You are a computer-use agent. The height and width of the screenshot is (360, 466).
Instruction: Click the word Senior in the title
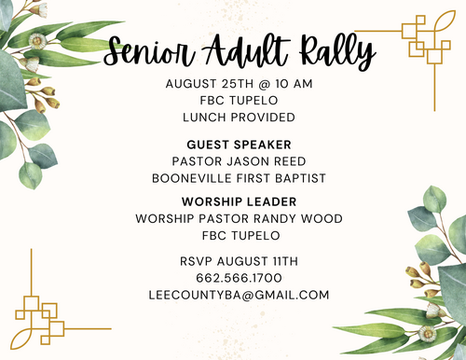(x=148, y=51)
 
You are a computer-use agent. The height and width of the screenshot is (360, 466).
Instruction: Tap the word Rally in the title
(x=337, y=50)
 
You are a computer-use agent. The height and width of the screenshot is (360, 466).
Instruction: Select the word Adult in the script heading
(x=245, y=50)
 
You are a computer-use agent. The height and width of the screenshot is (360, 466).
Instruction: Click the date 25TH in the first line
(x=238, y=84)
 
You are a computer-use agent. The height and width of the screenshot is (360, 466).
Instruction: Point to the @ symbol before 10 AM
(x=264, y=84)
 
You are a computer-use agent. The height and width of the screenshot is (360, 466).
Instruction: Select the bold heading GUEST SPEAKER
(x=239, y=145)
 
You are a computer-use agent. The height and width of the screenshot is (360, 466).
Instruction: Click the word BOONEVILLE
(x=192, y=178)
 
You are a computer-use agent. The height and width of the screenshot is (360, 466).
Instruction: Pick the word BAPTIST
(x=300, y=178)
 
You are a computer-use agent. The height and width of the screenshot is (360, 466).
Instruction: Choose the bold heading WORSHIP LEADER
(x=239, y=202)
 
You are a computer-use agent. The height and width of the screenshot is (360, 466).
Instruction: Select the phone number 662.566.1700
(x=239, y=278)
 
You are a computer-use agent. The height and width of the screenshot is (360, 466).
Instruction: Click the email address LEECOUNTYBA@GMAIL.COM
(x=239, y=295)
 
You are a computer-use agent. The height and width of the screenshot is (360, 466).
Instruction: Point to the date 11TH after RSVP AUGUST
(x=285, y=261)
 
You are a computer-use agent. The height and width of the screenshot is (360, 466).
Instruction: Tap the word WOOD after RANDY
(x=322, y=219)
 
